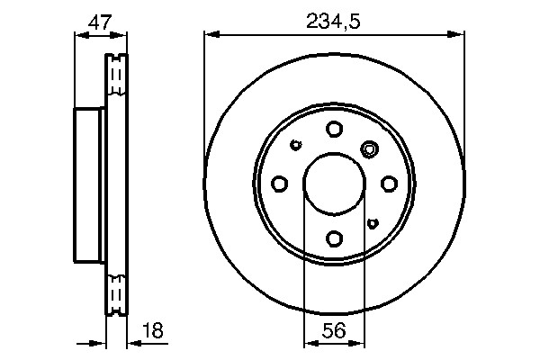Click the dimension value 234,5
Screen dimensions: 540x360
click(x=333, y=22)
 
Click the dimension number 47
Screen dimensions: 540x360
click(x=100, y=22)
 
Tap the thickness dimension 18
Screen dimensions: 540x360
click(x=153, y=330)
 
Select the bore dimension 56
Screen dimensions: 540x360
click(x=334, y=330)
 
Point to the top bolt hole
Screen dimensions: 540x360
click(x=334, y=130)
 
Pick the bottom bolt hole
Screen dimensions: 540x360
click(x=334, y=238)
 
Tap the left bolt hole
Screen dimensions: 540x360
click(x=279, y=184)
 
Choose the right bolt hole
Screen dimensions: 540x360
click(x=389, y=184)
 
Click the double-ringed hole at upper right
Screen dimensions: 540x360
click(x=369, y=149)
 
